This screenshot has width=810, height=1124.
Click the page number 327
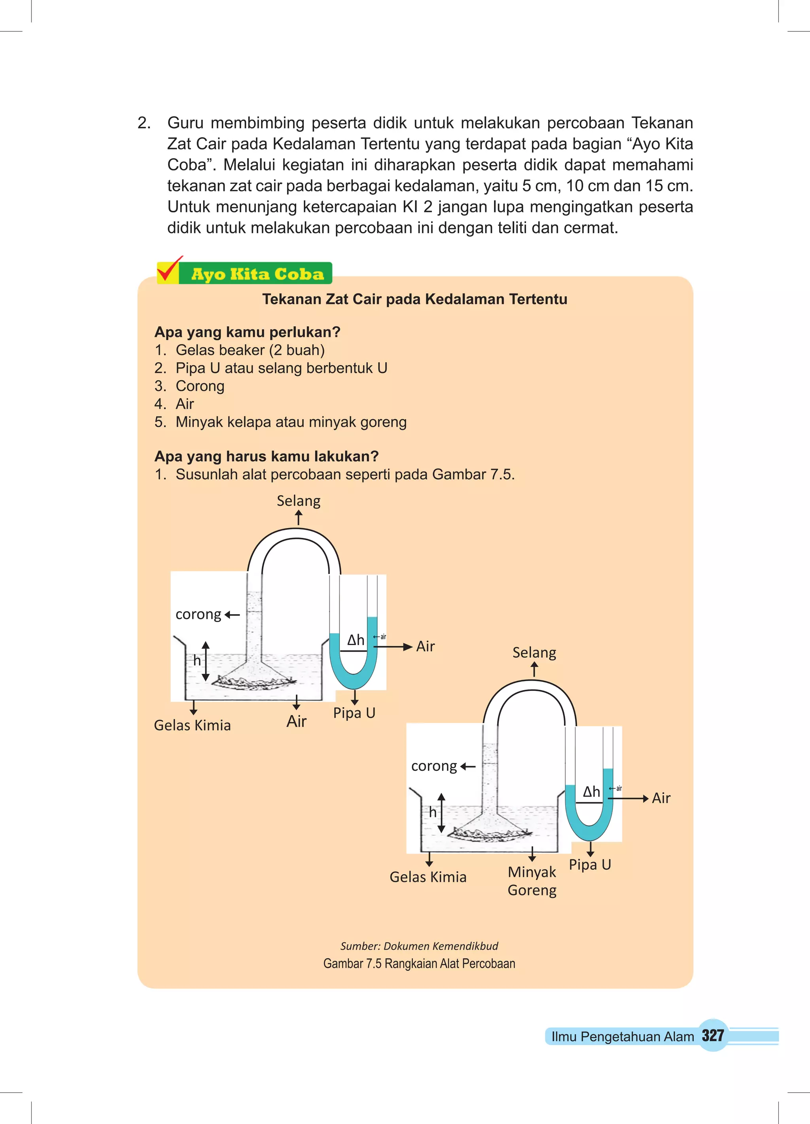pyautogui.click(x=712, y=1035)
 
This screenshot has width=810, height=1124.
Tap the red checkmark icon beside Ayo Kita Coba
pyautogui.click(x=168, y=271)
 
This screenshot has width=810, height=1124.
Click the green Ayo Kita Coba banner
pyautogui.click(x=257, y=274)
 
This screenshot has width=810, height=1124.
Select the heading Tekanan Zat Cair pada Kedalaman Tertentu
pyautogui.click(x=414, y=299)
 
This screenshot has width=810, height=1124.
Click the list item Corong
pyautogui.click(x=200, y=386)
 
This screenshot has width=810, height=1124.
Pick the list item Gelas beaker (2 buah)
pyautogui.click(x=250, y=350)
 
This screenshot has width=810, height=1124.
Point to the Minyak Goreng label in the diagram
pyautogui.click(x=532, y=881)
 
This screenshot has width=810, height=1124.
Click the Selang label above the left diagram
pyautogui.click(x=299, y=501)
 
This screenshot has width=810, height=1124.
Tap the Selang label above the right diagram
pyautogui.click(x=534, y=653)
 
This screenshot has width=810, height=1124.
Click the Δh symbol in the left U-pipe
pyautogui.click(x=356, y=640)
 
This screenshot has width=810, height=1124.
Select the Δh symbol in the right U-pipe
pyautogui.click(x=591, y=791)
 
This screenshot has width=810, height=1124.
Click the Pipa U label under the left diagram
pyautogui.click(x=354, y=713)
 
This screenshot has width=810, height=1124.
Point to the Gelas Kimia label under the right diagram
pyautogui.click(x=428, y=877)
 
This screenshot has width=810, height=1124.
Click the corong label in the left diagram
pyautogui.click(x=198, y=615)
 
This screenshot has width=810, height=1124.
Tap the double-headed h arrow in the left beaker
pyautogui.click(x=206, y=661)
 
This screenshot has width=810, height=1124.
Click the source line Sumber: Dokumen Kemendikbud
pyautogui.click(x=419, y=946)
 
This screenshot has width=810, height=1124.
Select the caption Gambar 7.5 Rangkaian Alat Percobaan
pyautogui.click(x=419, y=963)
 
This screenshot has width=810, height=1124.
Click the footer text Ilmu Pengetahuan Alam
pyautogui.click(x=622, y=1036)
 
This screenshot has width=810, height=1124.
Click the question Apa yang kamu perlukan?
pyautogui.click(x=247, y=332)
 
